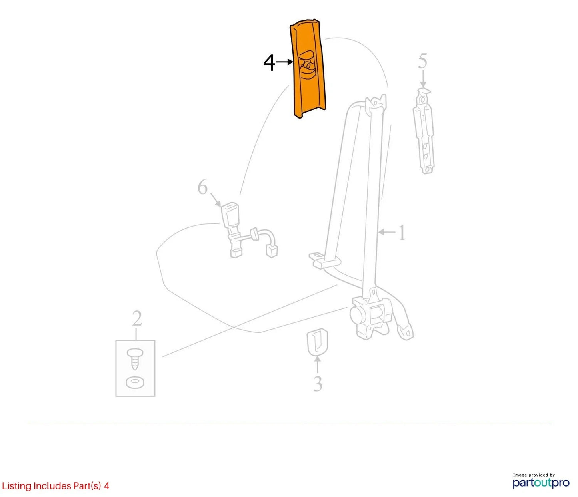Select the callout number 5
coord(422,62)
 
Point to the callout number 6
coord(203,187)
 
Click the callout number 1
coord(402,233)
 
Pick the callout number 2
coord(137,318)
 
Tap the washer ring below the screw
coord(135,382)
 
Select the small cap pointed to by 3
coord(317,342)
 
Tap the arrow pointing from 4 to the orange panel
coord(284,62)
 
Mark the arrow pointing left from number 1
coord(387,232)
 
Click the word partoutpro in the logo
coord(541,483)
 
